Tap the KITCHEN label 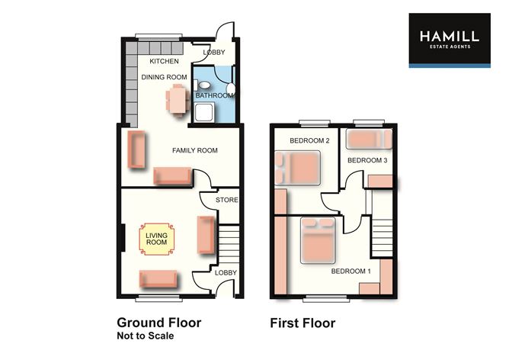click(164, 61)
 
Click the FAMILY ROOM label click(194, 150)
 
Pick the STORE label click(227, 201)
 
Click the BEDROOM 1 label click(351, 271)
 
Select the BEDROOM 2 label click(309, 141)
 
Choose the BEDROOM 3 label click(368, 160)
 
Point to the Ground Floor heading click(158, 323)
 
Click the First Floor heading click(303, 323)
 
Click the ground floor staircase click(229, 243)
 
